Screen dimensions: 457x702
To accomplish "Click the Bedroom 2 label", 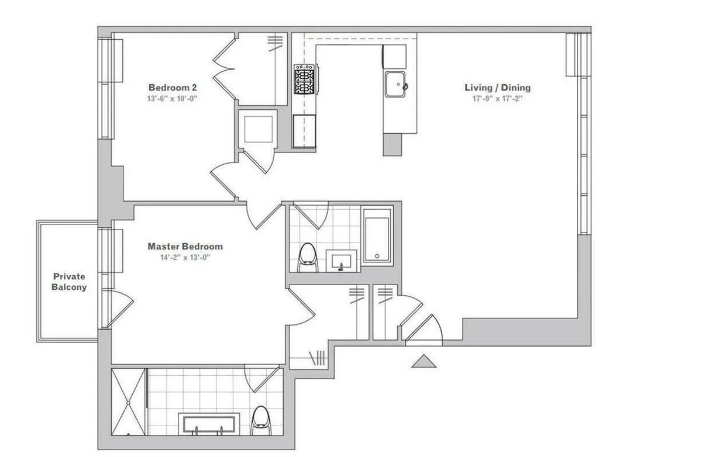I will coord(172,88).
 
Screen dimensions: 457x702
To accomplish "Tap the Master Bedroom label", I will coord(185,247).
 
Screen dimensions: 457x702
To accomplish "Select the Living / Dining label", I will coord(497,88).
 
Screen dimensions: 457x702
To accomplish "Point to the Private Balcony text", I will coord(69,282).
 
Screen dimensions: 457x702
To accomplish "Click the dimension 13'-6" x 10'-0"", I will coord(172,99).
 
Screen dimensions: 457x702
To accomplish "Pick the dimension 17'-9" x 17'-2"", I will coord(497,99).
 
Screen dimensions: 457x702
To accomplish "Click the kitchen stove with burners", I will coord(304,79).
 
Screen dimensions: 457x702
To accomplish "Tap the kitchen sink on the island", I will coord(396,84).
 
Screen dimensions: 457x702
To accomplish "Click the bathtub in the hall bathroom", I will coord(377,235).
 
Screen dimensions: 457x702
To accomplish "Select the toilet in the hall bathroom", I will coord(308,258).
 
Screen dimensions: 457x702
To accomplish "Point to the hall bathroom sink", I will coord(341,259).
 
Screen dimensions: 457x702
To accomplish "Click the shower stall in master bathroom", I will coord(128,401).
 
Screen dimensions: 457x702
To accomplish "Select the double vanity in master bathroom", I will coord(209,424).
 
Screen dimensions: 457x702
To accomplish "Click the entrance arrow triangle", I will coord(424,362).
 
